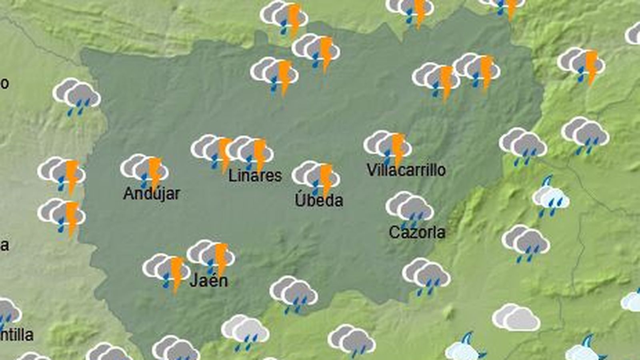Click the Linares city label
click(x=255, y=176)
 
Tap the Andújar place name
click(x=152, y=194)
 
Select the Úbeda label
click(x=319, y=200)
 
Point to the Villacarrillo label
click(x=406, y=170)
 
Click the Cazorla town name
click(x=417, y=232)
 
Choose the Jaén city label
click(x=209, y=280)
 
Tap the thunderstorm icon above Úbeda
click(x=316, y=178)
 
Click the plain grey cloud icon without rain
click(x=516, y=318)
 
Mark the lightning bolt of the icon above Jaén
click(x=221, y=258)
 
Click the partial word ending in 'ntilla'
click(x=17, y=335)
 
